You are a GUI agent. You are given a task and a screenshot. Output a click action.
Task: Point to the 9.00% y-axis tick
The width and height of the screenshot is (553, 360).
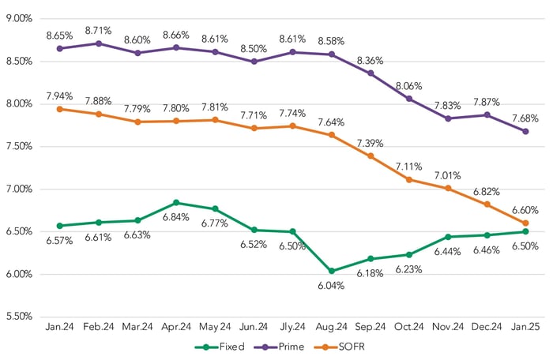pyautogui.click(x=17, y=18)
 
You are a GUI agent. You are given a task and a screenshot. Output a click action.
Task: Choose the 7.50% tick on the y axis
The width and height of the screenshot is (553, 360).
pyautogui.click(x=17, y=146)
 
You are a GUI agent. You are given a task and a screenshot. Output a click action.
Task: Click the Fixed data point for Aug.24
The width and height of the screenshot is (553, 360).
pyautogui.click(x=331, y=271)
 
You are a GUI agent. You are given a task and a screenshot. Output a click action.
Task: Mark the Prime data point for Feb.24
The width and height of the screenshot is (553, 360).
pyautogui.click(x=98, y=43)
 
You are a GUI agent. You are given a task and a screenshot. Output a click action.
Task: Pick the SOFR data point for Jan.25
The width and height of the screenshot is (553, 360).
pyautogui.click(x=525, y=223)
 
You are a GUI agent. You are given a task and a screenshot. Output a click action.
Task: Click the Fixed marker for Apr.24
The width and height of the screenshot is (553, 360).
pyautogui.click(x=175, y=203)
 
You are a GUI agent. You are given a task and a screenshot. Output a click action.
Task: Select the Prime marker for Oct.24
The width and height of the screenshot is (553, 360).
pyautogui.click(x=408, y=99)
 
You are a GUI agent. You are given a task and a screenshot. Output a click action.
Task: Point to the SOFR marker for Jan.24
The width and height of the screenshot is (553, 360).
pyautogui.click(x=59, y=109)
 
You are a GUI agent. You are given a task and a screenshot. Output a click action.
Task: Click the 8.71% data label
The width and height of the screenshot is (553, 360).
pyautogui.click(x=98, y=30)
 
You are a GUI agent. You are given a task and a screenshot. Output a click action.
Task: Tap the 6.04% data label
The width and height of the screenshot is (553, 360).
pyautogui.click(x=331, y=286)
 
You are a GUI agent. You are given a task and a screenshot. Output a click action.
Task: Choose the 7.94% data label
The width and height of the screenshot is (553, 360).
pyautogui.click(x=59, y=96)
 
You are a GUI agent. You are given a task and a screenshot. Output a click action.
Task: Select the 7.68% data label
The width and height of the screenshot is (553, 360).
pyautogui.click(x=525, y=118)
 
